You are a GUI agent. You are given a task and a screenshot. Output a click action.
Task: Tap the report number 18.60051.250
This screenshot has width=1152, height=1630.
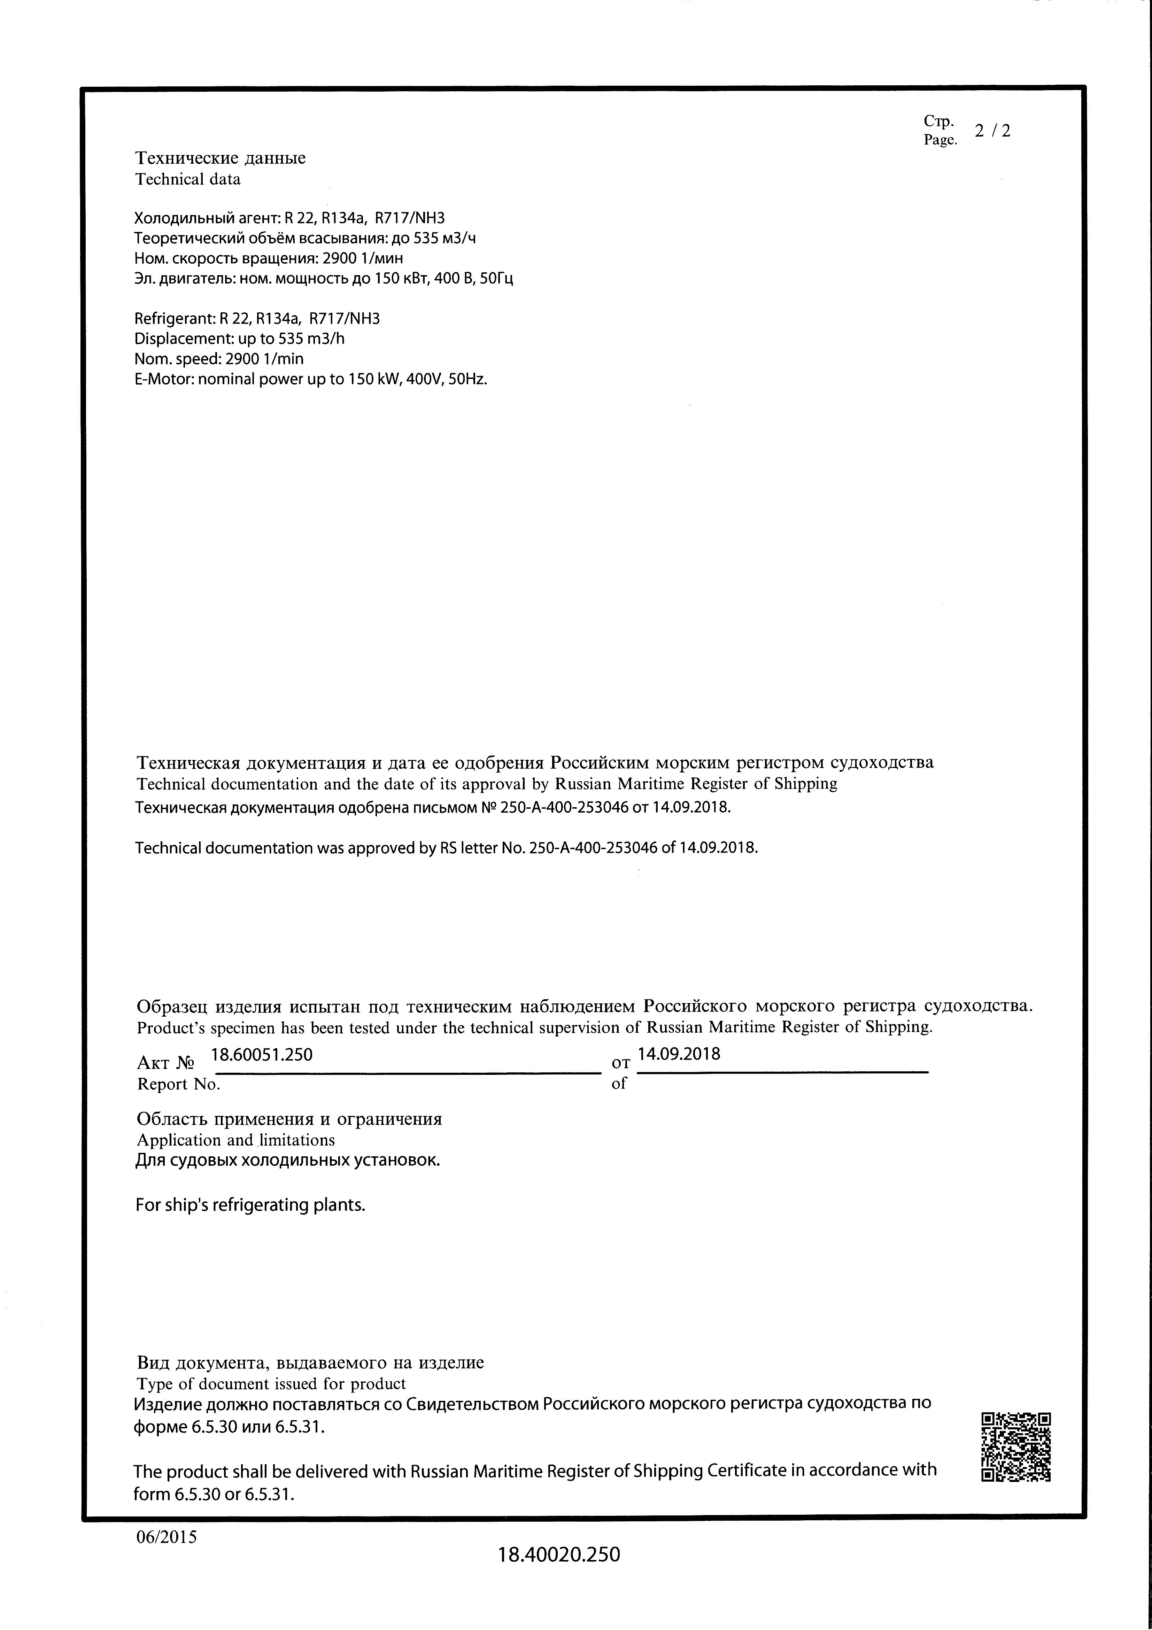[262, 1055]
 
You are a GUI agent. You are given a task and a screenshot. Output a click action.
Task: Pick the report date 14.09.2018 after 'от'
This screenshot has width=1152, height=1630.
[679, 1054]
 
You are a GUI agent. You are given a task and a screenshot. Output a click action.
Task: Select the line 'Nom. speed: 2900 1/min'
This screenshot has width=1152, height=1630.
[219, 359]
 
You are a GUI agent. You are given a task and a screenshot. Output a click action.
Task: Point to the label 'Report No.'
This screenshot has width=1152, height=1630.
[178, 1084]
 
